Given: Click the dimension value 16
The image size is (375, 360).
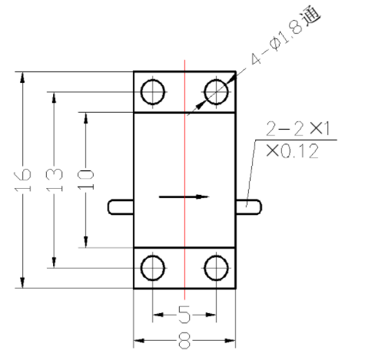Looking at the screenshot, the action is [x=22, y=180].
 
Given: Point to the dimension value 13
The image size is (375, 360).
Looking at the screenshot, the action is [x=54, y=180].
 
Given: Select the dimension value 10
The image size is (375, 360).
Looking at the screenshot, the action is [x=86, y=180].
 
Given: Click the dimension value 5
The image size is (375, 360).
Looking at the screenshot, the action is [x=184, y=315].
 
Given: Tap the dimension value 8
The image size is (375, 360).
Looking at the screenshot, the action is [x=184, y=341].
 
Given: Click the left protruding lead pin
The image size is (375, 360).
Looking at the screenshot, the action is [x=121, y=207].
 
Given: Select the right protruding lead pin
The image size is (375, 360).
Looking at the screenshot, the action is [x=248, y=207].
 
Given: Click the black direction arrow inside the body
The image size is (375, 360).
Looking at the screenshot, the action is [x=184, y=197].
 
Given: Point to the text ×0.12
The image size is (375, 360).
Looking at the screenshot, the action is [x=292, y=151].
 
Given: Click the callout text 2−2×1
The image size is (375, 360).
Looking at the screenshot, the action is [x=298, y=128].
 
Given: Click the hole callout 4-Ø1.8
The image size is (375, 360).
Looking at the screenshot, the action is [x=277, y=41].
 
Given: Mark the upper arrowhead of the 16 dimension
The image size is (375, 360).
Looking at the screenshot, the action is [x=22, y=78].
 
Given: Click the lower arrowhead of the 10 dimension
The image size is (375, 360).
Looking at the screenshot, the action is [x=86, y=242].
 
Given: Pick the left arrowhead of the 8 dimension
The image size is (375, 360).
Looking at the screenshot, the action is [x=139, y=341].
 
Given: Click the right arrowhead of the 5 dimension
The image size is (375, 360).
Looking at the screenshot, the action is [x=211, y=315].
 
